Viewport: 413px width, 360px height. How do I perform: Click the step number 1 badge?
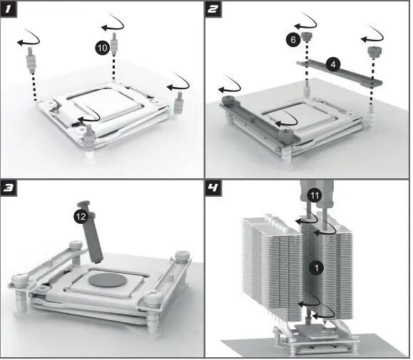tap(9, 9)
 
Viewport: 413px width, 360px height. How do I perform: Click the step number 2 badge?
tap(213, 9)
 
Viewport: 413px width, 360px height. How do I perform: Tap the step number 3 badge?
tap(9, 188)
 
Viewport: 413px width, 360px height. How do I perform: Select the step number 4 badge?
tap(213, 188)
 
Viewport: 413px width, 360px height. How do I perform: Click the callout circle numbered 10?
tap(103, 48)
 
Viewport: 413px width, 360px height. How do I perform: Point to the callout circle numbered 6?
tap(293, 40)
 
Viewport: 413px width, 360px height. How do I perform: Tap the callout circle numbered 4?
tap(333, 64)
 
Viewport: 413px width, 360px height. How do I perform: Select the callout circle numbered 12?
tap(81, 216)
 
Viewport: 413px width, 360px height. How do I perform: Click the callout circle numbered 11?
tap(315, 195)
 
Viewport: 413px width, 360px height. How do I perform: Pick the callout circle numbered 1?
tap(316, 268)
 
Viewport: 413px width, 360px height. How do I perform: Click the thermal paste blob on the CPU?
tap(108, 280)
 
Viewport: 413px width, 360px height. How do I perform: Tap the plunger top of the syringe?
tap(83, 203)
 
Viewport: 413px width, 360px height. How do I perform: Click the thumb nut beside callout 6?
tap(306, 36)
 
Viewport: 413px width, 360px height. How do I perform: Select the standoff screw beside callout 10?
tap(114, 44)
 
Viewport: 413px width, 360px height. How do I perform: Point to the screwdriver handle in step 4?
tap(317, 192)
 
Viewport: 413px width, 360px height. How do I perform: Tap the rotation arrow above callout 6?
tap(306, 23)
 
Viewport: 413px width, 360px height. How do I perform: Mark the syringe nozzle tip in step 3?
tap(98, 262)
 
